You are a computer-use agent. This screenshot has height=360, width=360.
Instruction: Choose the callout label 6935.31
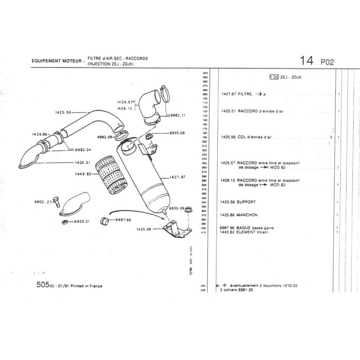click(83, 221)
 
